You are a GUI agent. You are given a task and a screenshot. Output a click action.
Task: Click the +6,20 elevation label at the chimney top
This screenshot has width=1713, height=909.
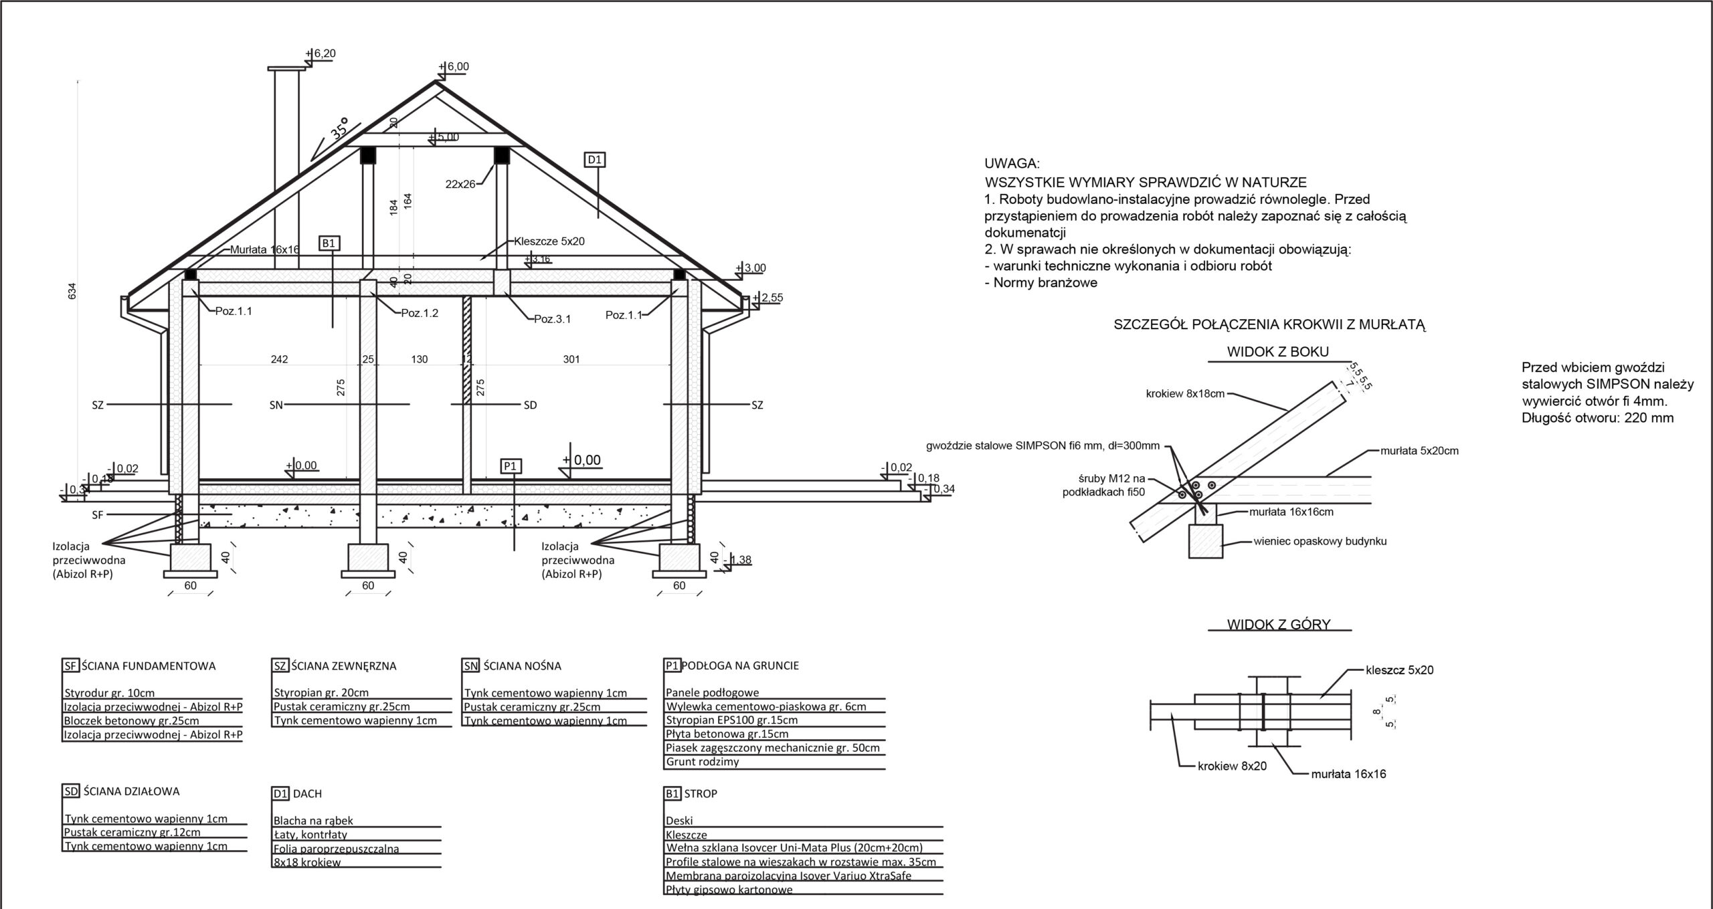[321, 54]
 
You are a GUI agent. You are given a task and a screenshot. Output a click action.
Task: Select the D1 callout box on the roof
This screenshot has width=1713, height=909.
[595, 160]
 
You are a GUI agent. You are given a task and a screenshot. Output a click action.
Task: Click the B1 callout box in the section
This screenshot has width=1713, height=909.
[329, 243]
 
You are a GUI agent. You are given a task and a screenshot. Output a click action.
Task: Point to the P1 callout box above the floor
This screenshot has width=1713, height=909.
[511, 466]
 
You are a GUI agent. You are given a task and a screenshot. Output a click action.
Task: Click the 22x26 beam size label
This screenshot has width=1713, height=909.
[460, 184]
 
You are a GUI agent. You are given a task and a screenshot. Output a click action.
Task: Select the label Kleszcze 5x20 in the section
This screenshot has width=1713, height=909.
[549, 241]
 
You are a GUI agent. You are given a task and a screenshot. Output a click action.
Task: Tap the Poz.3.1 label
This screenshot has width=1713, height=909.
[552, 319]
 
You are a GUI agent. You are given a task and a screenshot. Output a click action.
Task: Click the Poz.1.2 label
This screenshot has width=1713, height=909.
[420, 312]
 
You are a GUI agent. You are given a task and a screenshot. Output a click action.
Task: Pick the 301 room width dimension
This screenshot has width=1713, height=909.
[571, 359]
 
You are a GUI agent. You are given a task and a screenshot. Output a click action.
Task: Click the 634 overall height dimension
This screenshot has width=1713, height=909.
[73, 292]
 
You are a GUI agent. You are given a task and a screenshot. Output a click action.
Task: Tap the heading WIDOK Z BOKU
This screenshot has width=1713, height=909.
[1277, 352]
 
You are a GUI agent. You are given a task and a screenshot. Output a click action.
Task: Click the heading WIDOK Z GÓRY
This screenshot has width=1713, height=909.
[1279, 625]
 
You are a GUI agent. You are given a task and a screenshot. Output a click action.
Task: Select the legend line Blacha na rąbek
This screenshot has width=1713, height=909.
[313, 821]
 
